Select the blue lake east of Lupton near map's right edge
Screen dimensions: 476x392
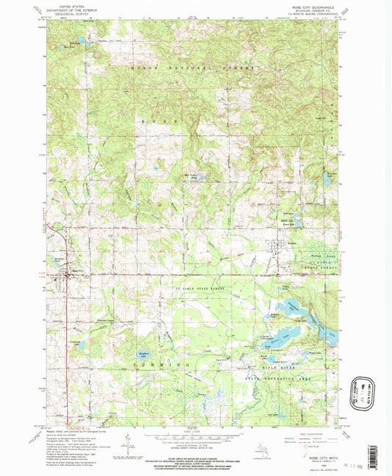click(x=326, y=178)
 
